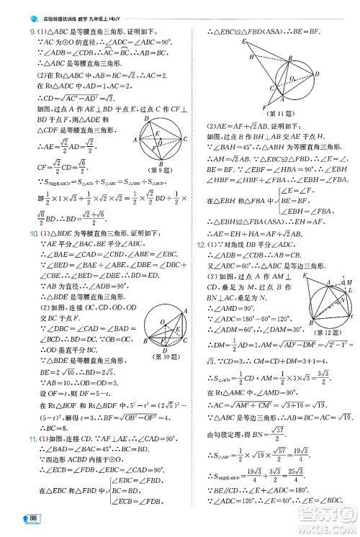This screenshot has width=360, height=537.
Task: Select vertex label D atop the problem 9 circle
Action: [146, 117]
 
